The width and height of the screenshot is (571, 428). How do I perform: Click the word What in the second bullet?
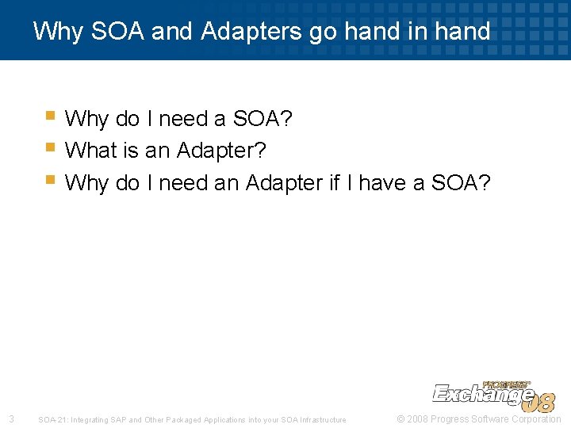tap(90, 150)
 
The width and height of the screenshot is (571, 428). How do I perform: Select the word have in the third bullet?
tap(384, 183)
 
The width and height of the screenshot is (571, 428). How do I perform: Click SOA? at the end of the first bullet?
tap(263, 120)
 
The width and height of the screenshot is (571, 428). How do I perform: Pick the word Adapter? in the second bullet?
tap(221, 150)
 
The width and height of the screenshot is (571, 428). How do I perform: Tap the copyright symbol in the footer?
tap(400, 419)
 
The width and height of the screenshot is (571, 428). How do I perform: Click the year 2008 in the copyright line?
tap(417, 419)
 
